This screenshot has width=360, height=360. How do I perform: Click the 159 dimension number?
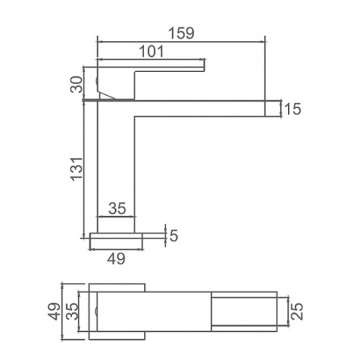coord(181,33)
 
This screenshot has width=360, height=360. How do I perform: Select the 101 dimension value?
coord(152,51)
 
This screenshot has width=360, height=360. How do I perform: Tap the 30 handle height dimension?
coord(76,84)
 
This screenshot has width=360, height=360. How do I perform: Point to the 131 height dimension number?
coord(76,169)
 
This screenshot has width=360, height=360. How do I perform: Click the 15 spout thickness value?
coord(292,109)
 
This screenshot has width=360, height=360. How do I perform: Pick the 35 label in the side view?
coord(117,208)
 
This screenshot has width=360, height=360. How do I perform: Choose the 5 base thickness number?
coord(174,235)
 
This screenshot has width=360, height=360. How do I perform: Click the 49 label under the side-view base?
coord(116,258)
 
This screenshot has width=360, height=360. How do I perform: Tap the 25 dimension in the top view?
coord(297,312)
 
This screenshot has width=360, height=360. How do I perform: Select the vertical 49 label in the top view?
coord(55,312)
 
